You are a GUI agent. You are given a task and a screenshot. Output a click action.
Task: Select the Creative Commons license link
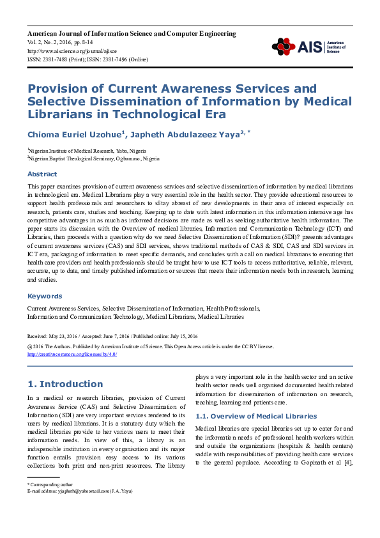[72, 354]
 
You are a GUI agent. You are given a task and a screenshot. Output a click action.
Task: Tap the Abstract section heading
[42, 174]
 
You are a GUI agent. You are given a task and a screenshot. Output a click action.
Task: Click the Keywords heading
[45, 296]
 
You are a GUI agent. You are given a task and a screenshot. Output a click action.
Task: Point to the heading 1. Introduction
[65, 384]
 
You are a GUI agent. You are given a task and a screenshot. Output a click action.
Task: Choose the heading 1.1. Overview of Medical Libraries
[255, 416]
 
